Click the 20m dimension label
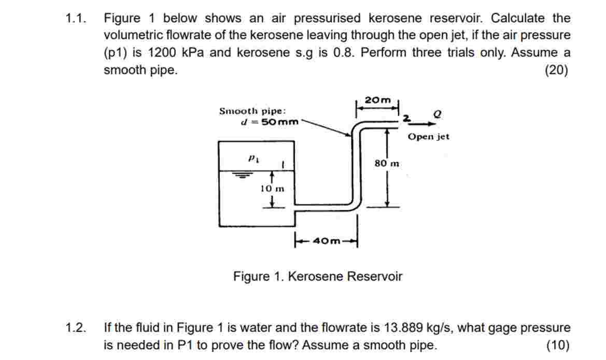[377, 100]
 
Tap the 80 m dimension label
[387, 163]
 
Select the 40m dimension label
[327, 241]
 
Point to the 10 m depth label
[272, 189]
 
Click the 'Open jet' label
[429, 136]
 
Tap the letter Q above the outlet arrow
[437, 114]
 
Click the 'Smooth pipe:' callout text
[253, 111]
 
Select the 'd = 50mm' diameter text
[270, 122]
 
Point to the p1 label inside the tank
[253, 158]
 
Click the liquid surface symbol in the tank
[242, 175]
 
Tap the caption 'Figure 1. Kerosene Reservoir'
[318, 277]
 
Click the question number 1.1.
[75, 18]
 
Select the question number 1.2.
[75, 328]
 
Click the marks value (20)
[557, 70]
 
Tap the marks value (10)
[558, 345]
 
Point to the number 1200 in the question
[162, 52]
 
